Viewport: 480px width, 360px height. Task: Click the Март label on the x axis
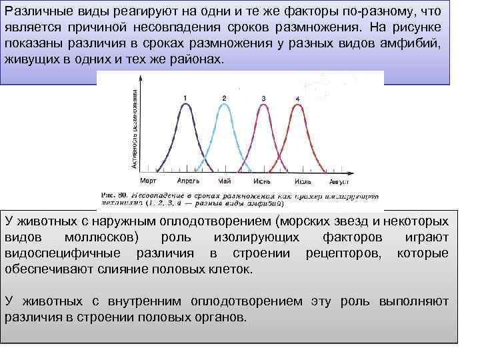148,180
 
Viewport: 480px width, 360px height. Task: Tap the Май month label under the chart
225,180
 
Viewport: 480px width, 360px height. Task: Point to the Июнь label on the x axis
261,180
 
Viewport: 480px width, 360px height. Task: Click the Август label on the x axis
339,180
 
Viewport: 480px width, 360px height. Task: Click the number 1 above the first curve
185,99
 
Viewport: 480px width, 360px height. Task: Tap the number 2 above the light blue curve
224,99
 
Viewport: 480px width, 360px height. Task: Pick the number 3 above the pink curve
263,99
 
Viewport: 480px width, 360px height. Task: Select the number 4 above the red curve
297,99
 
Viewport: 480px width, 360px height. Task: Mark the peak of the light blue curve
224,105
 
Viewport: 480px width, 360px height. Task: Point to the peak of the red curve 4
297,106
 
